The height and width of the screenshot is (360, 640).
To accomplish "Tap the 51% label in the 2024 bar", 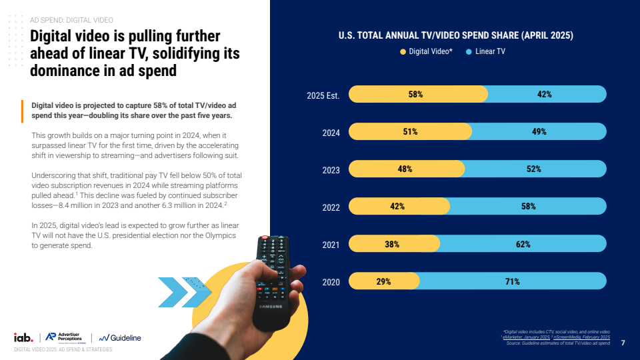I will tap(410, 132).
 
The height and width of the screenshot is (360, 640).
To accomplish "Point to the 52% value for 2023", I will tap(533, 169).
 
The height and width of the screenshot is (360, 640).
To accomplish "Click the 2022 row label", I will tap(331, 207).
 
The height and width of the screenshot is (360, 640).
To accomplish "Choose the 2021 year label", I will tap(331, 245).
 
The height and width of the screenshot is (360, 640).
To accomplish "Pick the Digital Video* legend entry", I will tap(426, 51).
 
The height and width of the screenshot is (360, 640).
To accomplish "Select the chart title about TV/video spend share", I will tap(456, 35).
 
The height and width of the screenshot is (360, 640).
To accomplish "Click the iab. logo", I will tap(24, 337).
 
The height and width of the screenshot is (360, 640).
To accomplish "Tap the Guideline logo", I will tap(121, 338).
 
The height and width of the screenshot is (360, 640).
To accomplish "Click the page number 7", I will tap(623, 343).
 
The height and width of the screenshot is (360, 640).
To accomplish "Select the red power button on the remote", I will tap(265, 238).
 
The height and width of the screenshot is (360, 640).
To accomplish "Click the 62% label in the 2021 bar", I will tap(523, 245).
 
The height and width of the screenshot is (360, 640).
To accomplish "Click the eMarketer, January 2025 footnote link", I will tap(527, 337).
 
